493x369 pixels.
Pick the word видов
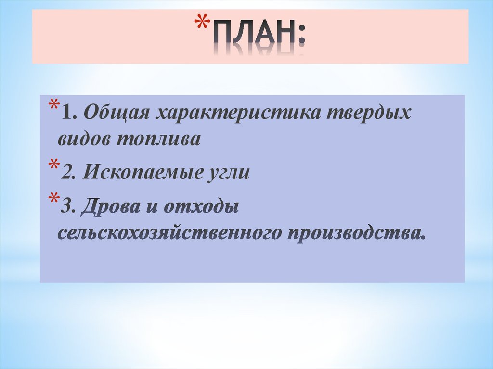(84, 139)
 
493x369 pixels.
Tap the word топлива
(157, 139)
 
